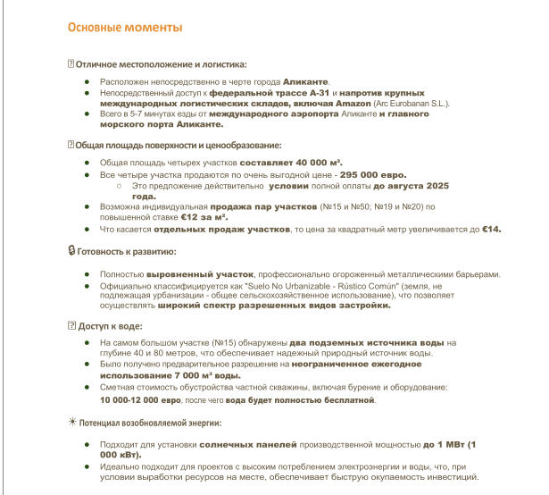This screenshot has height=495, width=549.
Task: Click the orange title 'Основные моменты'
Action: (x=125, y=28)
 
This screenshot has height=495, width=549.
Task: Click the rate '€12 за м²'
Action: (x=203, y=217)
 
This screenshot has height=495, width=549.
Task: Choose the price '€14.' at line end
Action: (x=492, y=229)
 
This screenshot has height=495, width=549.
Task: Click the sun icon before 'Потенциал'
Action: (x=72, y=421)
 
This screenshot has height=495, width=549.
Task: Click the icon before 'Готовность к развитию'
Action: (x=71, y=252)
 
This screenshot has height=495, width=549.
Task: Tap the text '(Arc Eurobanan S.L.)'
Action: (x=423, y=104)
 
